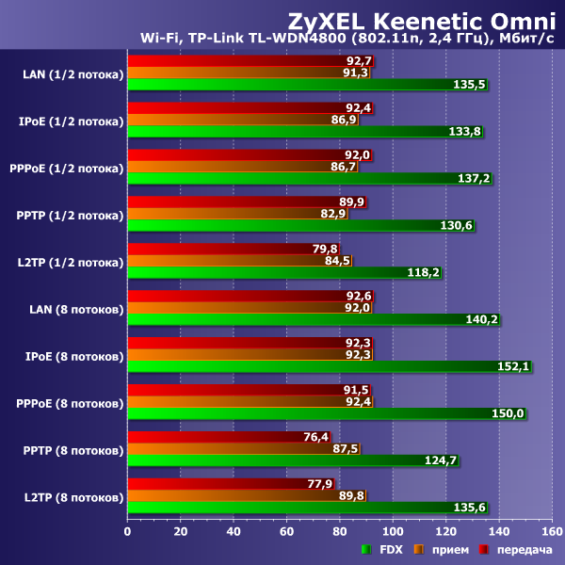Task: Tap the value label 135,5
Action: pos(468,85)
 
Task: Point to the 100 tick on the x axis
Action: pos(393,531)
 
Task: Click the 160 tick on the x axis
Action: pos(551,531)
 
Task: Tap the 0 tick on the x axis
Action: pos(128,531)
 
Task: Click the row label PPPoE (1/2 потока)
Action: pos(65,168)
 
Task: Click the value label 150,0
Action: pos(508,413)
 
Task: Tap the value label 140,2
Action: pos(481,319)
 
